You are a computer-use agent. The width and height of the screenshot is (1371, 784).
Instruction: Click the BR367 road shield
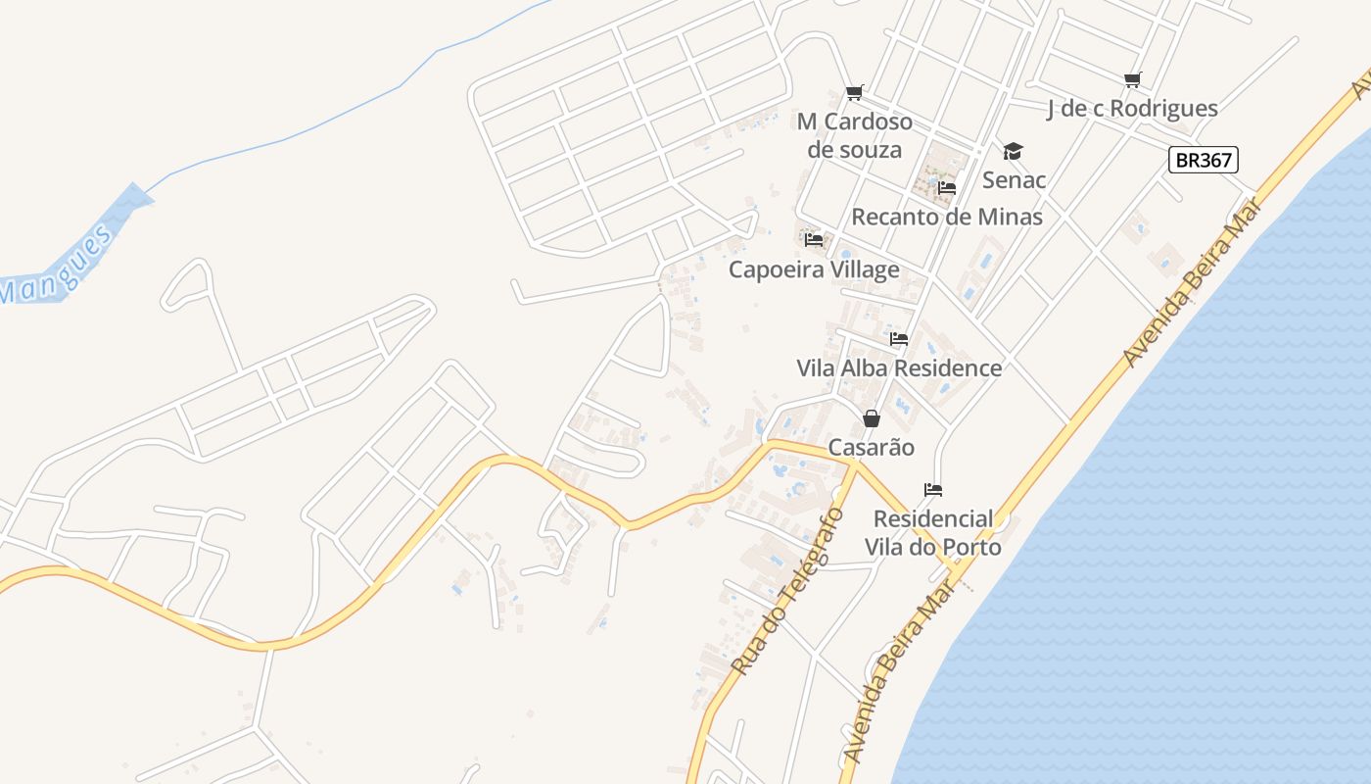tap(1203, 160)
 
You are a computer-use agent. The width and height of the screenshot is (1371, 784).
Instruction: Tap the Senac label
tap(1014, 179)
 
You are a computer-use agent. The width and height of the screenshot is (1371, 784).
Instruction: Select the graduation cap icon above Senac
tap(1013, 151)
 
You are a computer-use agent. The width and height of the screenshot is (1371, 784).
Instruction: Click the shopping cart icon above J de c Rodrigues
tap(1132, 79)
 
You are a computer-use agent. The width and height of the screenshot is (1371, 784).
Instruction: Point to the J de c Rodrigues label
tap(1132, 108)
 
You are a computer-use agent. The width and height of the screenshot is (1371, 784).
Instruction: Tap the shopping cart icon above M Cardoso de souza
tap(855, 93)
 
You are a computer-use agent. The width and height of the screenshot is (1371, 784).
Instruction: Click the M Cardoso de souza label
tap(854, 135)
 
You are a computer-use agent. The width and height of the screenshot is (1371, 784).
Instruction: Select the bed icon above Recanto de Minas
tap(946, 187)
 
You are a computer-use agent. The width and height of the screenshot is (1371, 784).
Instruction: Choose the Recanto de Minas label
tap(946, 217)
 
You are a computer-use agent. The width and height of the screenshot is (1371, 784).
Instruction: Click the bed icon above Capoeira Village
tap(813, 239)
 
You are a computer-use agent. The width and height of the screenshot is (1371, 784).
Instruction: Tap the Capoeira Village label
tap(813, 269)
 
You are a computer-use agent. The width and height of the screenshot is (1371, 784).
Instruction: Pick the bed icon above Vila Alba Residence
tap(899, 339)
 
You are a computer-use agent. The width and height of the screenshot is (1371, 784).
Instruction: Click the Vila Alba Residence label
tap(899, 368)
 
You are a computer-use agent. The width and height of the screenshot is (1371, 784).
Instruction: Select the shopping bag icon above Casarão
tap(872, 418)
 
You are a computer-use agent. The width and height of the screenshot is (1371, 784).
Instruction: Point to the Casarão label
tap(872, 448)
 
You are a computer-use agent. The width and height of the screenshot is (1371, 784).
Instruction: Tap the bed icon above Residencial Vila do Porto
tap(933, 490)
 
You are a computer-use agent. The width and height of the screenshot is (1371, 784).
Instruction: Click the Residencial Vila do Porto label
tap(933, 532)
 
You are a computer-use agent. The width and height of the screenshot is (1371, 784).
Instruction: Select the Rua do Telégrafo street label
tap(787, 591)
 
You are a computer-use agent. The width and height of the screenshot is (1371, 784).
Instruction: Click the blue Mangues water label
tap(57, 265)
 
